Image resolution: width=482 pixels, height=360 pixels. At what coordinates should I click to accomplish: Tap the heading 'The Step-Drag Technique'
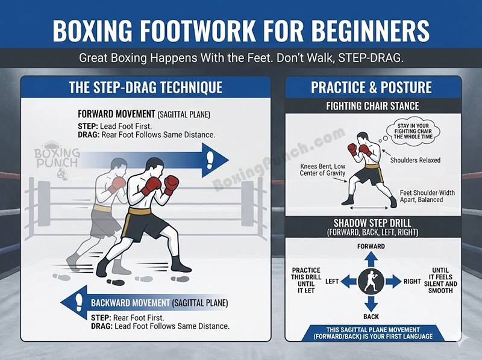(145, 87)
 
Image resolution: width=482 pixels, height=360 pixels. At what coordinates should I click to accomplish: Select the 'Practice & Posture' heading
(371, 87)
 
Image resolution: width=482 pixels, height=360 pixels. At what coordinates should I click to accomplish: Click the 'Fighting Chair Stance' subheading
(372, 107)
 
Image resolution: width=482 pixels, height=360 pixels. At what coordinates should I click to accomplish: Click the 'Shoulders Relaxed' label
(415, 160)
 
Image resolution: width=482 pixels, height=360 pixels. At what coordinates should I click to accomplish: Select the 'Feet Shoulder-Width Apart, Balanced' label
(427, 196)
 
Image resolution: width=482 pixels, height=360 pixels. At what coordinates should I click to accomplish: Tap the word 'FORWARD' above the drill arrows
(371, 246)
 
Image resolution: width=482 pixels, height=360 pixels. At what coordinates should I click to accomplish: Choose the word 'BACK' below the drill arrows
(371, 317)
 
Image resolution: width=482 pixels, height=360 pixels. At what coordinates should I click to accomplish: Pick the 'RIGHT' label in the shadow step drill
(412, 281)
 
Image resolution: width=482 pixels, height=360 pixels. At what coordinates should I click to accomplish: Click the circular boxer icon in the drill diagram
(371, 281)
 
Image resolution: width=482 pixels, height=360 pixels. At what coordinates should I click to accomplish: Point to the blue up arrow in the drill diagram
(371, 259)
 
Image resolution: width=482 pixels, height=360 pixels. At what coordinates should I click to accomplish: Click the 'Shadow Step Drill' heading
(371, 223)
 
